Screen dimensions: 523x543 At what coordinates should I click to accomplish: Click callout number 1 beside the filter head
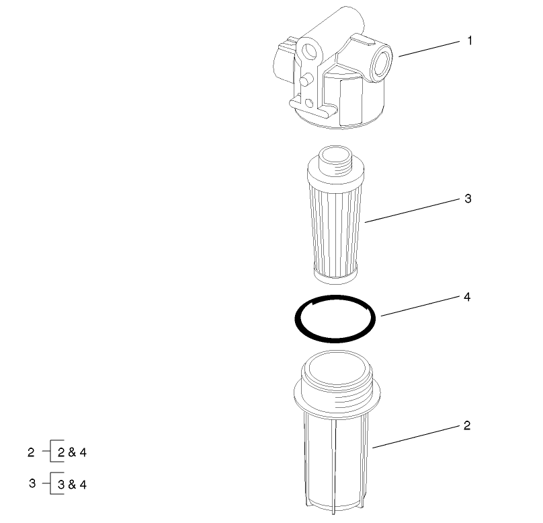[x=470, y=41]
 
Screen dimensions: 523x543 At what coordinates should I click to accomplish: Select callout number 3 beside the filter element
[x=468, y=199]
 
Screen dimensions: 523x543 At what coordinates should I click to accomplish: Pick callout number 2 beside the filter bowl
[x=467, y=425]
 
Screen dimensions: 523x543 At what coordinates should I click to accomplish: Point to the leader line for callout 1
[x=430, y=49]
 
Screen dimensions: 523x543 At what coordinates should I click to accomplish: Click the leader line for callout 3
[x=410, y=211]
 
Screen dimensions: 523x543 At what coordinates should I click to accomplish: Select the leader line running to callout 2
[x=417, y=436]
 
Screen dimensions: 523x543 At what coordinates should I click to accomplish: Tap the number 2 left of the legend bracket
[x=31, y=452]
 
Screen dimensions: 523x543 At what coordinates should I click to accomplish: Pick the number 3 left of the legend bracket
[x=32, y=483]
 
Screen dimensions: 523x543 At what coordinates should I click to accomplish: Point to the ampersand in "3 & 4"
[x=72, y=484]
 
